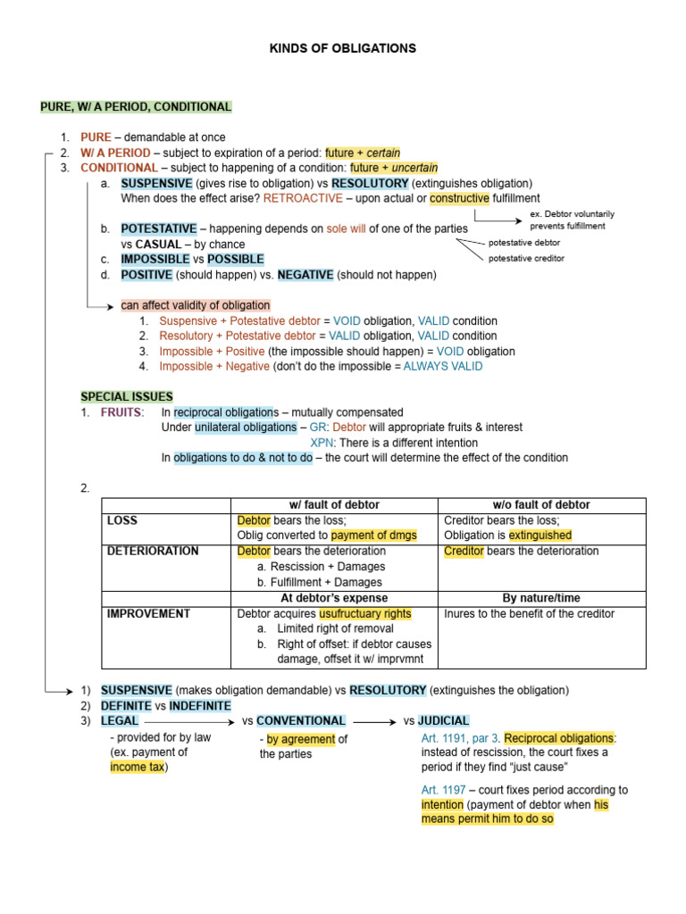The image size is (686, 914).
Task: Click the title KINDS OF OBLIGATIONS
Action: (343, 48)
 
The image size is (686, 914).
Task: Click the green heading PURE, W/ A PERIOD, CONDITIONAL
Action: (136, 107)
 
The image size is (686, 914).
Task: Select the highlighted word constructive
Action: (459, 198)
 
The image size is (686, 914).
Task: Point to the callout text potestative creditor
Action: (526, 259)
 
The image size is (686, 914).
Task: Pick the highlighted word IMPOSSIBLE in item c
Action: (155, 260)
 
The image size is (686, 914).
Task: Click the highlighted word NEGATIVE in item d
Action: (305, 275)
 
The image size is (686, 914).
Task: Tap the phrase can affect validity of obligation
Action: (196, 305)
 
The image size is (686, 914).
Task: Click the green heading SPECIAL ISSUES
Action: (127, 396)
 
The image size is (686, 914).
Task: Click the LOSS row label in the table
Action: (122, 520)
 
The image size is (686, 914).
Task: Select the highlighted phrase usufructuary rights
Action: (365, 613)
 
